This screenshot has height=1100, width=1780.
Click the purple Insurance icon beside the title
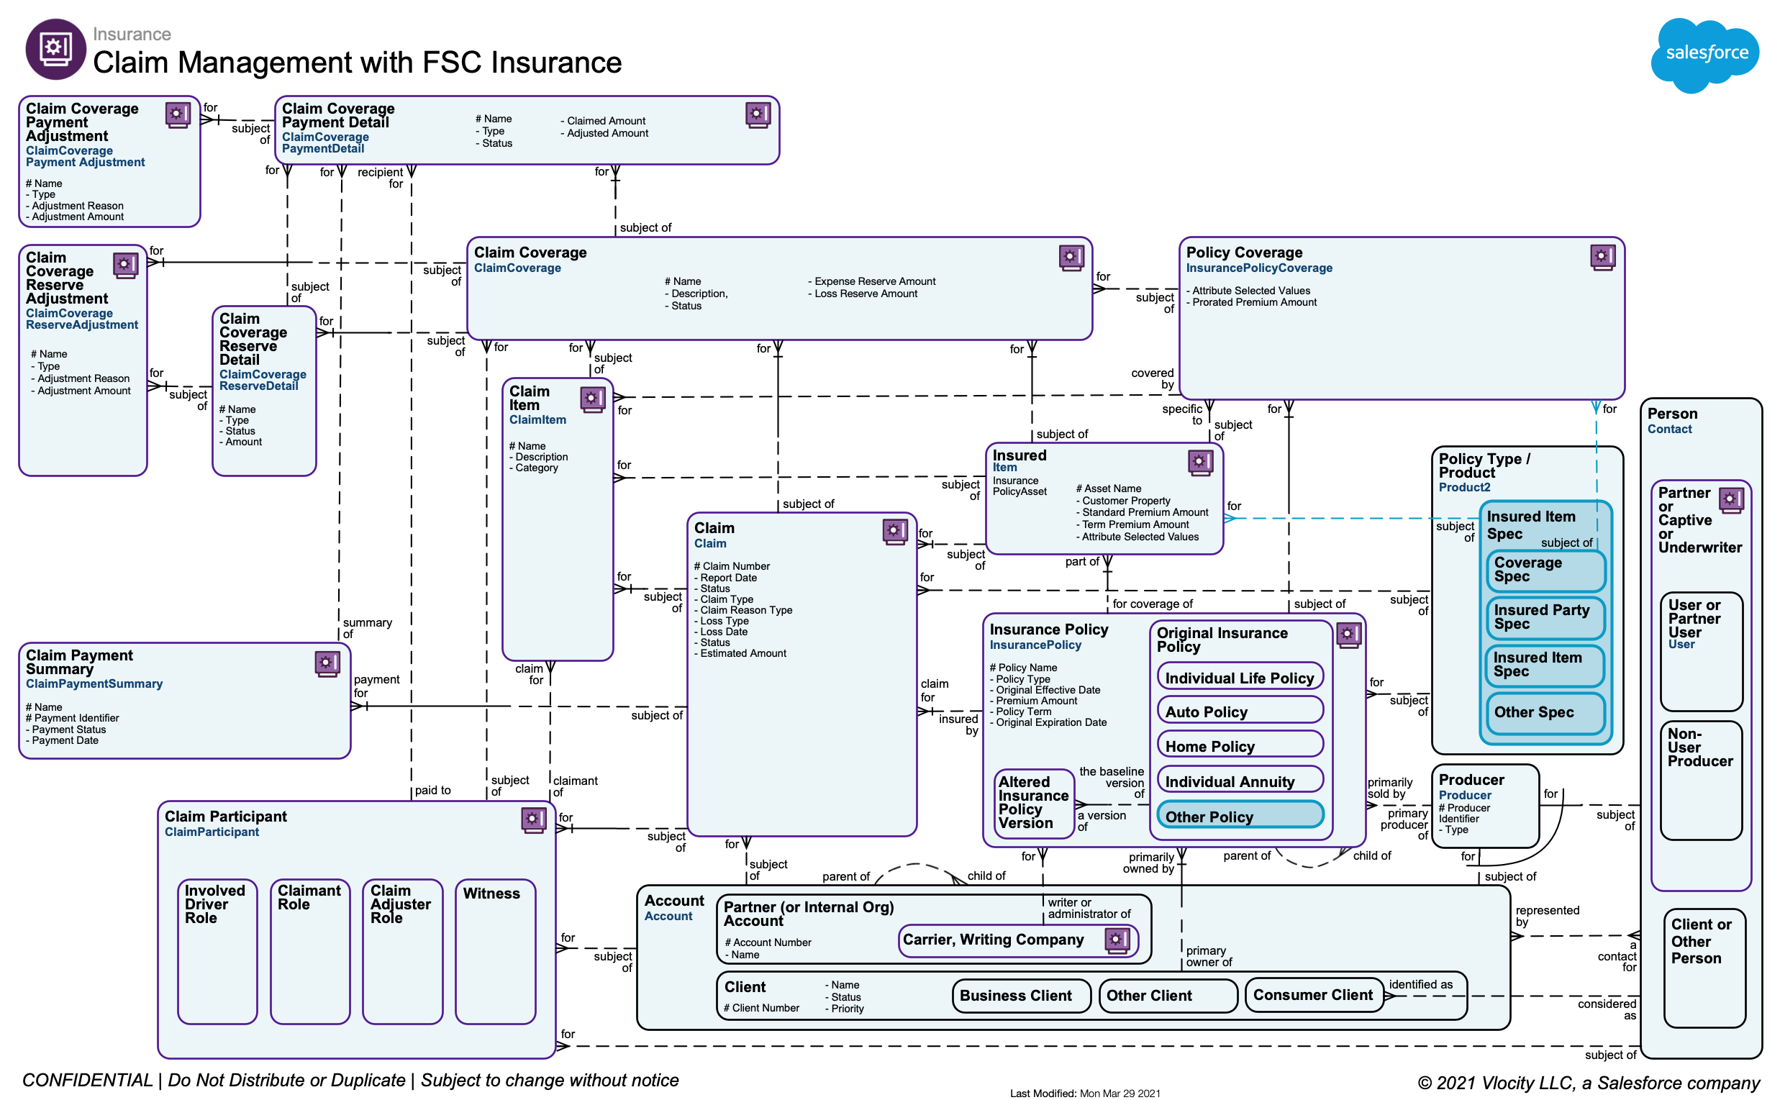pyautogui.click(x=55, y=49)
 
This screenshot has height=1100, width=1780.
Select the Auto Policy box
pyautogui.click(x=1239, y=711)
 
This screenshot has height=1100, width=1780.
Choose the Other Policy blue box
pyautogui.click(x=1239, y=816)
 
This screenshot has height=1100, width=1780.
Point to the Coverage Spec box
pyautogui.click(x=1544, y=570)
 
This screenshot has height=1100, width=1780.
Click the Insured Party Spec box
pyautogui.click(x=1544, y=617)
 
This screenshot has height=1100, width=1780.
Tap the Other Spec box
pyautogui.click(x=1544, y=712)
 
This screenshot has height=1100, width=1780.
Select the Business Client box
pyautogui.click(x=1020, y=995)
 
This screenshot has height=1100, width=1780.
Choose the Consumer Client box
pyautogui.click(x=1314, y=994)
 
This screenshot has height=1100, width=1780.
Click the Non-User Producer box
pyautogui.click(x=1701, y=778)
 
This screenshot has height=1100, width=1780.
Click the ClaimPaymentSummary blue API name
pyautogui.click(x=94, y=684)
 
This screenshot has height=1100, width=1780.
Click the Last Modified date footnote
pyautogui.click(x=1084, y=1093)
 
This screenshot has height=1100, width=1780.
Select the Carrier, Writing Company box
pyautogui.click(x=1017, y=940)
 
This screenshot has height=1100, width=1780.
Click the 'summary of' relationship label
pyautogui.click(x=368, y=628)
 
